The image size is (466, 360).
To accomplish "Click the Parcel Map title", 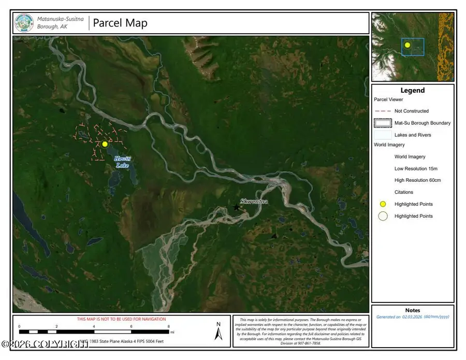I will tap(120, 23).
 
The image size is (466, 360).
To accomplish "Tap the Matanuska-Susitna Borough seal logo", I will tap(24, 23).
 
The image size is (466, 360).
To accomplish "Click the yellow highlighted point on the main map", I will tap(105, 144).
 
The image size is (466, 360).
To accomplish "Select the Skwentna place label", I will tap(254, 201).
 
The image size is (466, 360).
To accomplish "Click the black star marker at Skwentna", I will tap(237, 207).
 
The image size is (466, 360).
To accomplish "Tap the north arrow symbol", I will tap(219, 331).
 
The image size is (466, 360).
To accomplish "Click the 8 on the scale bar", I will tap(169, 327).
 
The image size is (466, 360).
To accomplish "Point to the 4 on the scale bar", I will tap(94, 327).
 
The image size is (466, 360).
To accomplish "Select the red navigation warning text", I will tap(121, 319).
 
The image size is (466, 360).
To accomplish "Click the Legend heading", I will tap(412, 90).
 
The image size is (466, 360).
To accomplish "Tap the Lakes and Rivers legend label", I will tap(413, 135).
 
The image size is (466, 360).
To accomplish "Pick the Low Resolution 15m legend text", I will tap(416, 169).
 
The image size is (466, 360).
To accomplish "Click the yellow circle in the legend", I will tap(383, 204).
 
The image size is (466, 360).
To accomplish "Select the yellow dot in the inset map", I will tap(407, 45).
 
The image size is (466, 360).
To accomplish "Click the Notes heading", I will tap(413, 310).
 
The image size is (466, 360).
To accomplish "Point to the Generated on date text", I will tap(413, 316).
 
